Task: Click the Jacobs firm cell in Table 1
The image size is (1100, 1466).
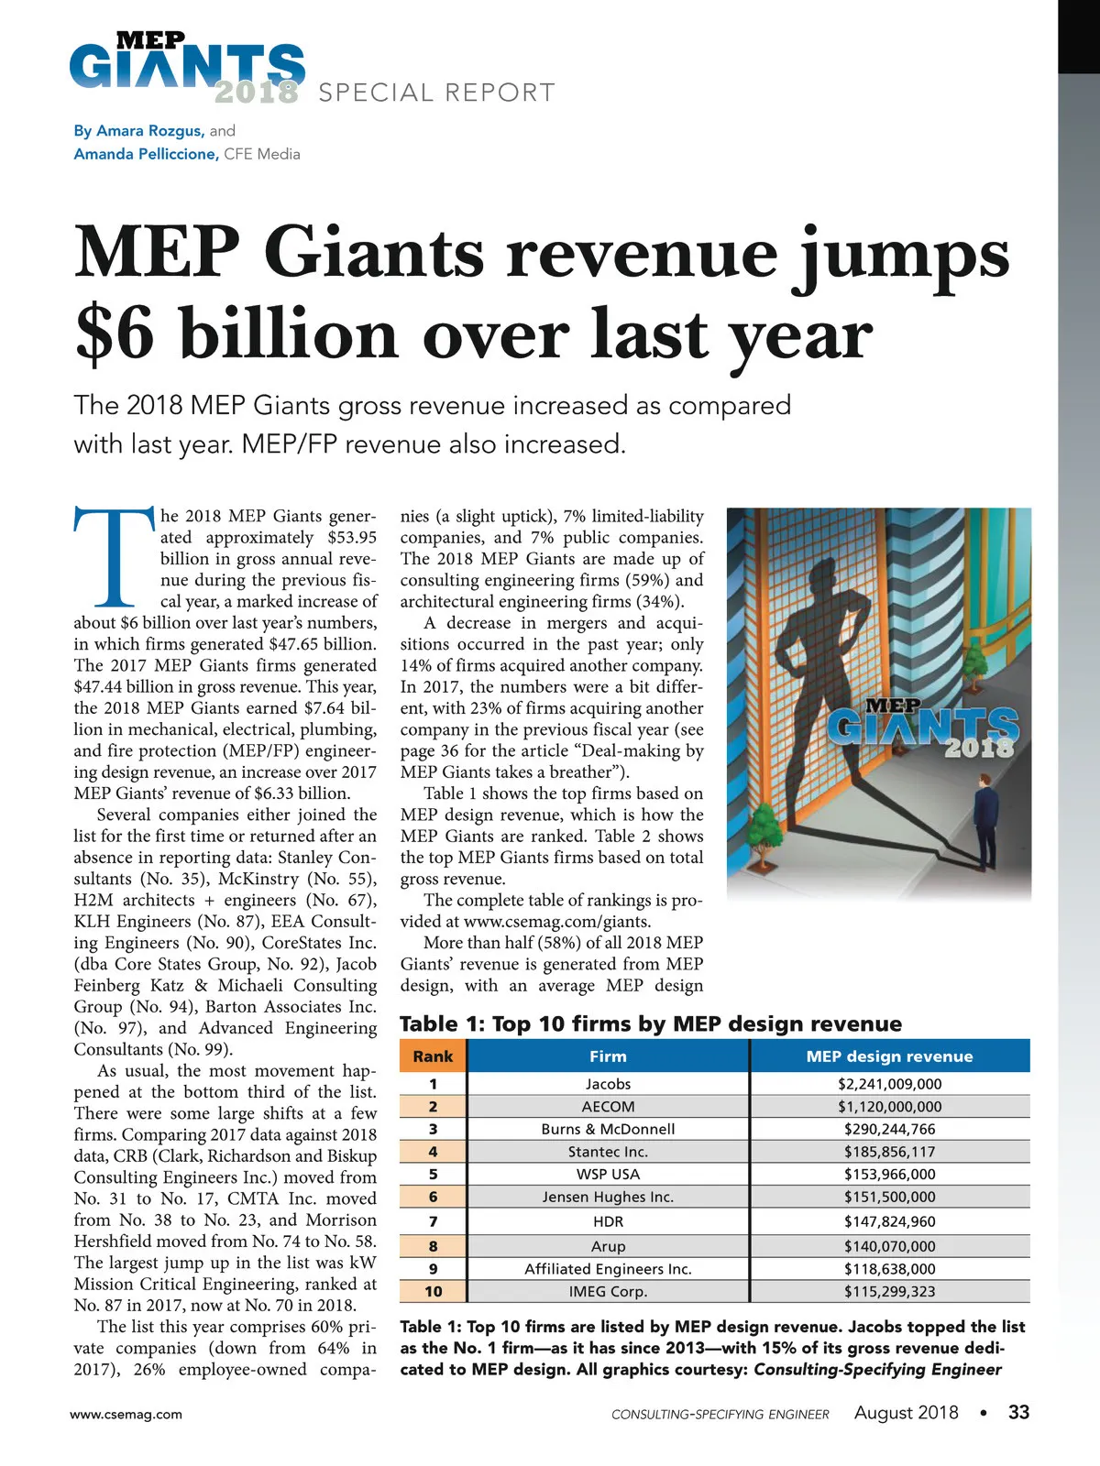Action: [608, 1084]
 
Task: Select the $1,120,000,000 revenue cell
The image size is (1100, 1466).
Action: [889, 1107]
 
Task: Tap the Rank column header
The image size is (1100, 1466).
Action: [433, 1056]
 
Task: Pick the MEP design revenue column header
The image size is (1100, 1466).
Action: [889, 1056]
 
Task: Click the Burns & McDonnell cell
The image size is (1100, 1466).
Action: [608, 1130]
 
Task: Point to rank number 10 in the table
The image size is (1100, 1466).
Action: [433, 1292]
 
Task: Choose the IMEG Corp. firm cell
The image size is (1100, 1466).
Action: [608, 1292]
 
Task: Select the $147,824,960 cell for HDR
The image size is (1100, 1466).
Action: [889, 1221]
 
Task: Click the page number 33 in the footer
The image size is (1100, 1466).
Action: [1018, 1412]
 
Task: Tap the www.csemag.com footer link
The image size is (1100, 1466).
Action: [126, 1414]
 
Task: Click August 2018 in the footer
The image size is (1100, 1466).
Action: [906, 1413]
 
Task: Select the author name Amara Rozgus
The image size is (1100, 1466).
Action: [149, 131]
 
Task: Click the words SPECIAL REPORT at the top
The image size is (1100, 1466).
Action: [436, 93]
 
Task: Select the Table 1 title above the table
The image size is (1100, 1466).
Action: [651, 1023]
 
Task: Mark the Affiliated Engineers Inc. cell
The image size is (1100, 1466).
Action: [608, 1269]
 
